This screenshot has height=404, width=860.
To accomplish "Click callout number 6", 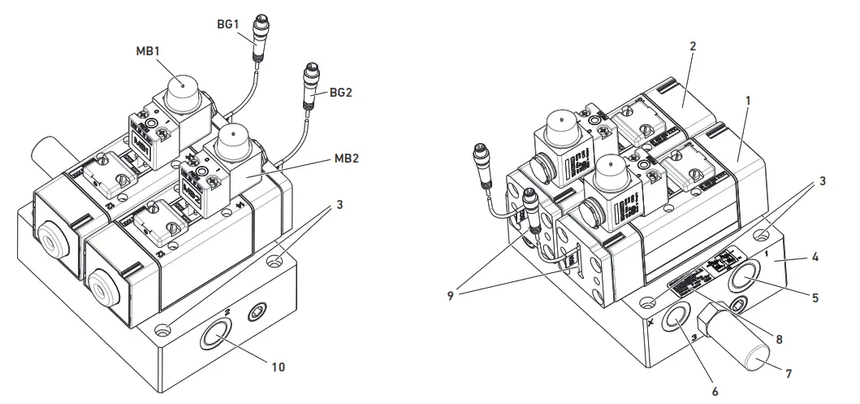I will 715,392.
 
